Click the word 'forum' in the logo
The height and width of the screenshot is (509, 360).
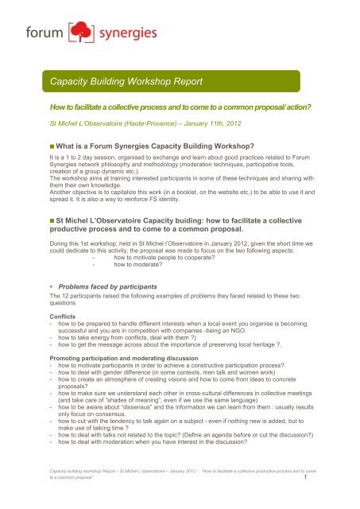click(x=48, y=38)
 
